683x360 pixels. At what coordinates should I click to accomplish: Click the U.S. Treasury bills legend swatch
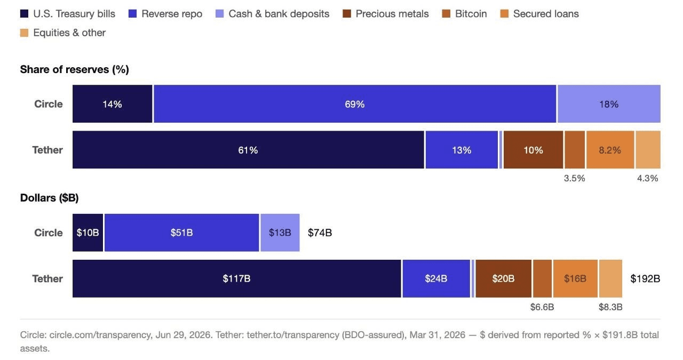coord(24,14)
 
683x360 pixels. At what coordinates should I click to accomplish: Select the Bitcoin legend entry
coord(464,14)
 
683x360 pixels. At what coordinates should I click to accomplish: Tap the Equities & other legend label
coord(69,33)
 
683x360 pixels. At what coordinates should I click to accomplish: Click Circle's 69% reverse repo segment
coord(355,104)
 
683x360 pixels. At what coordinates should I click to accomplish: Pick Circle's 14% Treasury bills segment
coord(112,104)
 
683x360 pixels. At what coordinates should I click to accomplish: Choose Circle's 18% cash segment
coord(609,104)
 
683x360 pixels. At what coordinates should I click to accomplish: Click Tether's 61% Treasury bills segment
coord(248,150)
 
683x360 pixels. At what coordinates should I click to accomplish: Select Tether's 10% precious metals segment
coord(533,150)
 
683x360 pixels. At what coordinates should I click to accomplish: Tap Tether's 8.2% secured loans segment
coord(610,150)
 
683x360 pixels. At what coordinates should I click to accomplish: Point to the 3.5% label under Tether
coord(575,178)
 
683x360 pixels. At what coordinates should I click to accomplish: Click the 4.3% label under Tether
coord(648,178)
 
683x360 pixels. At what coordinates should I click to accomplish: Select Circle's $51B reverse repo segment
coord(181,233)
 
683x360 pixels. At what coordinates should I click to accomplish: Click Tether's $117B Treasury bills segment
coord(236,278)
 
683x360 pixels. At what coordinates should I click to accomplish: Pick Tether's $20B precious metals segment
coord(503,278)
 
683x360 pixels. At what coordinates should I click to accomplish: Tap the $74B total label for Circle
coord(320,233)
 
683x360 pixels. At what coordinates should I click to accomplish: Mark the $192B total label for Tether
coord(645,278)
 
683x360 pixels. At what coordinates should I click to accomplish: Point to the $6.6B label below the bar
coord(542,307)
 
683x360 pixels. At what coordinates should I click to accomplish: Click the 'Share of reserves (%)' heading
coord(74,69)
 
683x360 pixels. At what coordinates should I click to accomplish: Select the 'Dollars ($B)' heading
coord(50,198)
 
